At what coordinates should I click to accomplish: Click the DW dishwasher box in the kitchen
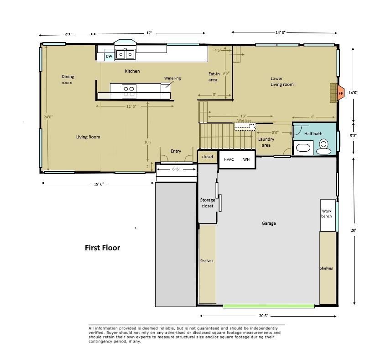109,56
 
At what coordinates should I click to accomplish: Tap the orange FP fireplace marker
340,93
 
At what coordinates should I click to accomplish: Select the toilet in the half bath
324,146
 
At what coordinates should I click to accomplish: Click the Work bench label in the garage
327,213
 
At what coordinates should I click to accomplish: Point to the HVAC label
229,159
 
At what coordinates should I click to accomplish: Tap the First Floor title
102,248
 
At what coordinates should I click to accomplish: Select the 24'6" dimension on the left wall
48,116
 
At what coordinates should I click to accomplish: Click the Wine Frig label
172,78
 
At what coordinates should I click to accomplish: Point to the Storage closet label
207,203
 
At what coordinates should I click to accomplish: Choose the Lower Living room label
282,81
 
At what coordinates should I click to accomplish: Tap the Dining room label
68,79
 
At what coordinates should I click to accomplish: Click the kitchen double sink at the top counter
125,54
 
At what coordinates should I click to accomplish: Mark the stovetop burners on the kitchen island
129,91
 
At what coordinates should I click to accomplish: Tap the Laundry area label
266,142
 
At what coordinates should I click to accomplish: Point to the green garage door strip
268,306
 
